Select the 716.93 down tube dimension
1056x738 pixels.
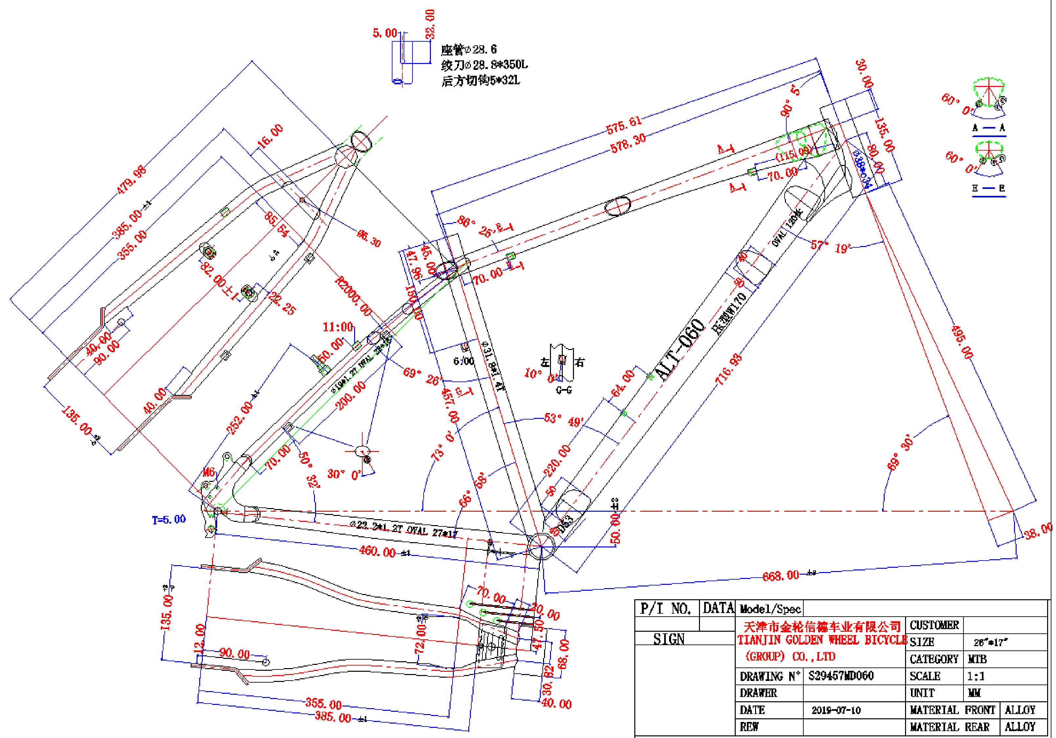point(729,369)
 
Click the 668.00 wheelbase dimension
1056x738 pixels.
point(780,575)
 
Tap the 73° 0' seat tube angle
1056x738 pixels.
point(442,446)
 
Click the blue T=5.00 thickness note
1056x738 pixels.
point(169,520)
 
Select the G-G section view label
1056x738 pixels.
point(564,390)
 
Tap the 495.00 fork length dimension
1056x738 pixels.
point(962,342)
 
